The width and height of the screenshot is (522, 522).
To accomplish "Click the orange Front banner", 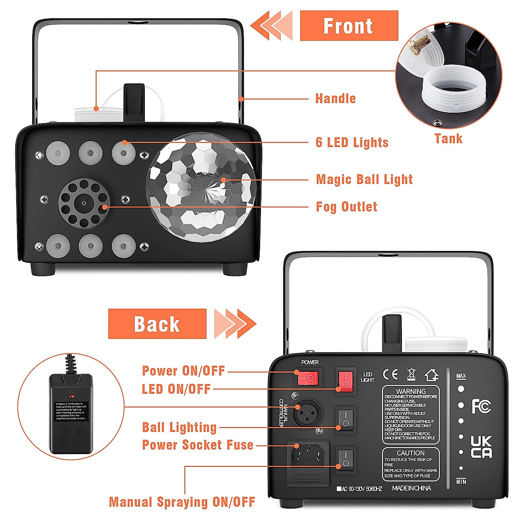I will tap(348, 26).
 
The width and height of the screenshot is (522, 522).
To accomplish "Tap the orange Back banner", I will tap(157, 324).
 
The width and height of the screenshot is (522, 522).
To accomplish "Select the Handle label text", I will tap(335, 99).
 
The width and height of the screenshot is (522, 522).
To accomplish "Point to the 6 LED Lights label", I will tap(352, 143).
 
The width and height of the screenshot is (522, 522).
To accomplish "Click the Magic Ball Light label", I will tap(364, 180).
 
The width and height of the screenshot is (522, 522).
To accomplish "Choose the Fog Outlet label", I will tap(346, 207).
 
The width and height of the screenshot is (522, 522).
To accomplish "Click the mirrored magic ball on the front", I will tap(201, 187).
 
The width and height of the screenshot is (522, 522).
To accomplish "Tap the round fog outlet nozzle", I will tap(84, 203).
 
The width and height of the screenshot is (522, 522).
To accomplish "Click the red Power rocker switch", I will tap(308, 378).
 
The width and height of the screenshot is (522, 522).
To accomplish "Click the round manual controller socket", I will tap(307, 413).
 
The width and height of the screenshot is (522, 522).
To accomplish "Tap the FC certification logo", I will tap(481, 407).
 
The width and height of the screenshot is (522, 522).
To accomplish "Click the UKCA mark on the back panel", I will tap(481, 447).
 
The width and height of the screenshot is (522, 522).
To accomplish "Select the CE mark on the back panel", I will tap(390, 375).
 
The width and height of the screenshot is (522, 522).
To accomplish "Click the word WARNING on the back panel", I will tap(411, 391).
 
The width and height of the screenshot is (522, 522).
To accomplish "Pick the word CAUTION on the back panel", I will tap(411, 453).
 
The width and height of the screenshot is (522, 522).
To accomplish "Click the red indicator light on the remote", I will tap(71, 397).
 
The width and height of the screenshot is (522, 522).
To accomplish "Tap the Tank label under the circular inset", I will tap(448, 139).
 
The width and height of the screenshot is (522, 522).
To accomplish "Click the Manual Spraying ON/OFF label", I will tap(182, 502).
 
